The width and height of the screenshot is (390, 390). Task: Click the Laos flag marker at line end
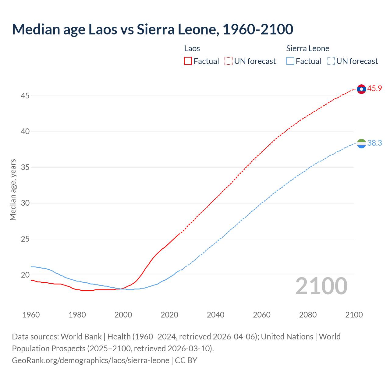click(361, 89)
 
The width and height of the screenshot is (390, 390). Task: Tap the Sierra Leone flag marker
click(361, 143)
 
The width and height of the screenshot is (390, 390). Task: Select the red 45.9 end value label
click(374, 89)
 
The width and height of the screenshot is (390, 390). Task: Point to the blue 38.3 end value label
click(374, 143)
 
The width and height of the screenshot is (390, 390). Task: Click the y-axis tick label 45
click(25, 96)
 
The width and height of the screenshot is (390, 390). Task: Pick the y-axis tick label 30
click(25, 203)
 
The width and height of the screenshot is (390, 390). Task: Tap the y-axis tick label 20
click(25, 275)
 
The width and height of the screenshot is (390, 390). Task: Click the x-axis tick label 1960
click(31, 315)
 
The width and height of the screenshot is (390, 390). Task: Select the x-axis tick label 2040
click(215, 315)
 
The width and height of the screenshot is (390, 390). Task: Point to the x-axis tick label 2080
click(308, 315)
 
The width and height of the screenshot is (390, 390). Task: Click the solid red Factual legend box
click(188, 61)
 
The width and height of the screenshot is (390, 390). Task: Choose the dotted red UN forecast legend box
click(229, 61)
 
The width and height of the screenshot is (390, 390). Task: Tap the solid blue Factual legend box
click(290, 61)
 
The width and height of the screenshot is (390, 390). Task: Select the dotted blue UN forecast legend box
click(331, 61)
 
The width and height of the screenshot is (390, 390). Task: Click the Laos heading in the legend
click(192, 48)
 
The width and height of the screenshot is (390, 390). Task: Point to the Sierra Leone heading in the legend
click(308, 48)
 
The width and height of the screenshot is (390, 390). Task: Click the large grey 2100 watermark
click(321, 286)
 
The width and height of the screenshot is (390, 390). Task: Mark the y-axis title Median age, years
click(13, 190)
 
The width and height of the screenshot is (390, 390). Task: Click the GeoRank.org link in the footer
click(90, 360)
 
